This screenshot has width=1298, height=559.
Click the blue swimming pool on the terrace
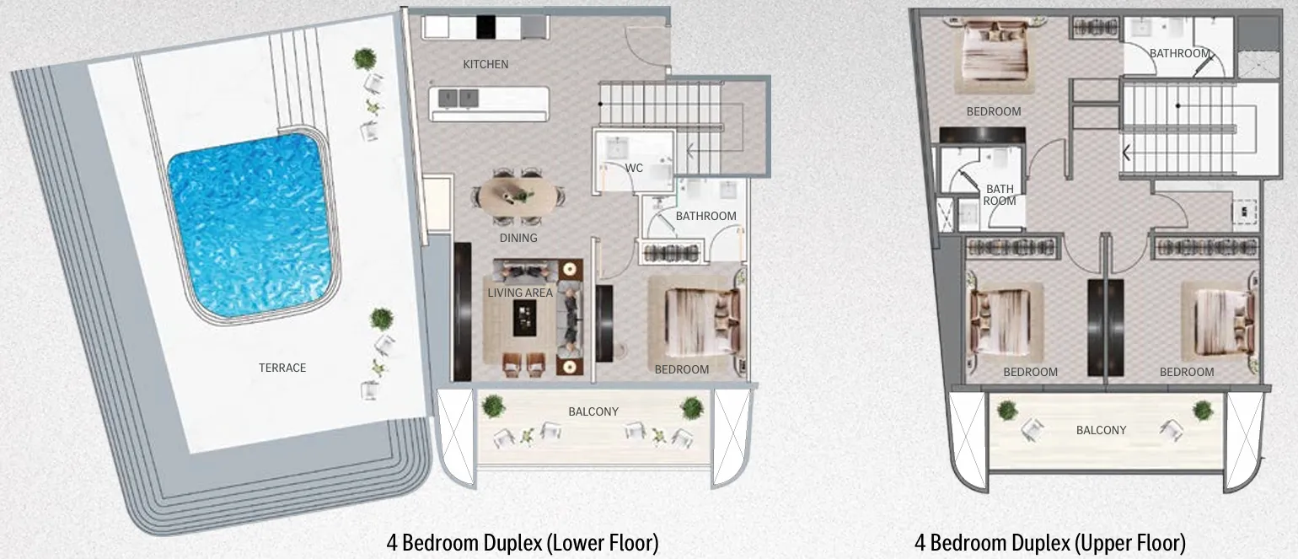tap(250, 226)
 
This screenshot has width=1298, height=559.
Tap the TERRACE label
tap(282, 368)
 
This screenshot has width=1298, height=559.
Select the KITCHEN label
tap(485, 64)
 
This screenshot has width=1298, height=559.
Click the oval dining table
tap(517, 196)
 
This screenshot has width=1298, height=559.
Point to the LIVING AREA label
tap(520, 293)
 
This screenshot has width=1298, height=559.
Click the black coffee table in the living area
tap(524, 318)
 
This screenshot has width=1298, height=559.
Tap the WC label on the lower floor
tap(634, 168)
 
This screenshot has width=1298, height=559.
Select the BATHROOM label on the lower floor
tap(705, 216)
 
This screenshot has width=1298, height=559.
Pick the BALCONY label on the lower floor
tap(593, 411)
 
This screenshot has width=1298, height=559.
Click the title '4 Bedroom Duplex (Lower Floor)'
tap(523, 543)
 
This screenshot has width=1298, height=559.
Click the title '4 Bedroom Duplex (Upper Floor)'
tap(1050, 543)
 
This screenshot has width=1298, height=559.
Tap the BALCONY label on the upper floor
tap(1101, 430)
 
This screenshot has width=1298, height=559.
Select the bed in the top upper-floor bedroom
tap(995, 51)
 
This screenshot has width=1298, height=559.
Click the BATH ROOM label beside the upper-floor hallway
tap(1000, 195)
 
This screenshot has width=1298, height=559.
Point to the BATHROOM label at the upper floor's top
tap(1179, 53)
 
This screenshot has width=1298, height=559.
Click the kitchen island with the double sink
tap(489, 104)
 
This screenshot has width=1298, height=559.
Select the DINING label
tap(518, 238)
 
